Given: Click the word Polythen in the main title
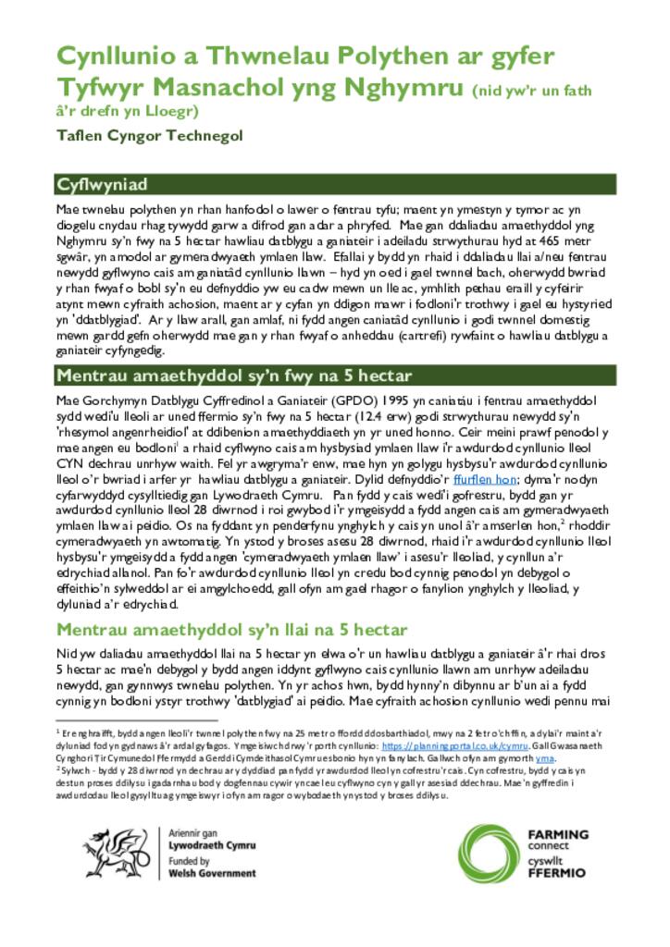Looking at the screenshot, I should (x=386, y=56).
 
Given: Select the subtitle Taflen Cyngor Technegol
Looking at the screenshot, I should (x=149, y=136).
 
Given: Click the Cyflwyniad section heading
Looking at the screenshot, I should (x=102, y=184).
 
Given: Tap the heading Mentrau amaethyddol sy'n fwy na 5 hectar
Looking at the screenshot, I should (x=233, y=375).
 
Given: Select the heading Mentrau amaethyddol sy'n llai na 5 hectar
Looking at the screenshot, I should (x=231, y=631).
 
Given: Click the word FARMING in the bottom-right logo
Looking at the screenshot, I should (x=557, y=834).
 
